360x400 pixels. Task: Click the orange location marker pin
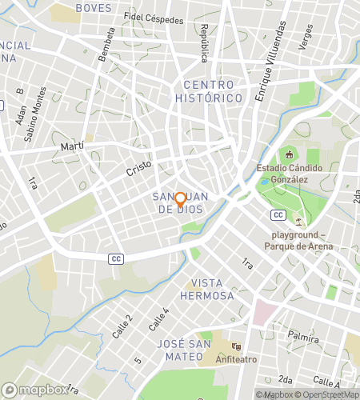pyautogui.click(x=180, y=200)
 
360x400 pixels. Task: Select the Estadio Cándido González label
pyautogui.click(x=294, y=174)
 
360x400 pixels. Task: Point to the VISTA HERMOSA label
pyautogui.click(x=213, y=290)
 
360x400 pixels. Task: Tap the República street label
pyautogui.click(x=204, y=42)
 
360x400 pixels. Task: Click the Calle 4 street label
pyautogui.click(x=158, y=319)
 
